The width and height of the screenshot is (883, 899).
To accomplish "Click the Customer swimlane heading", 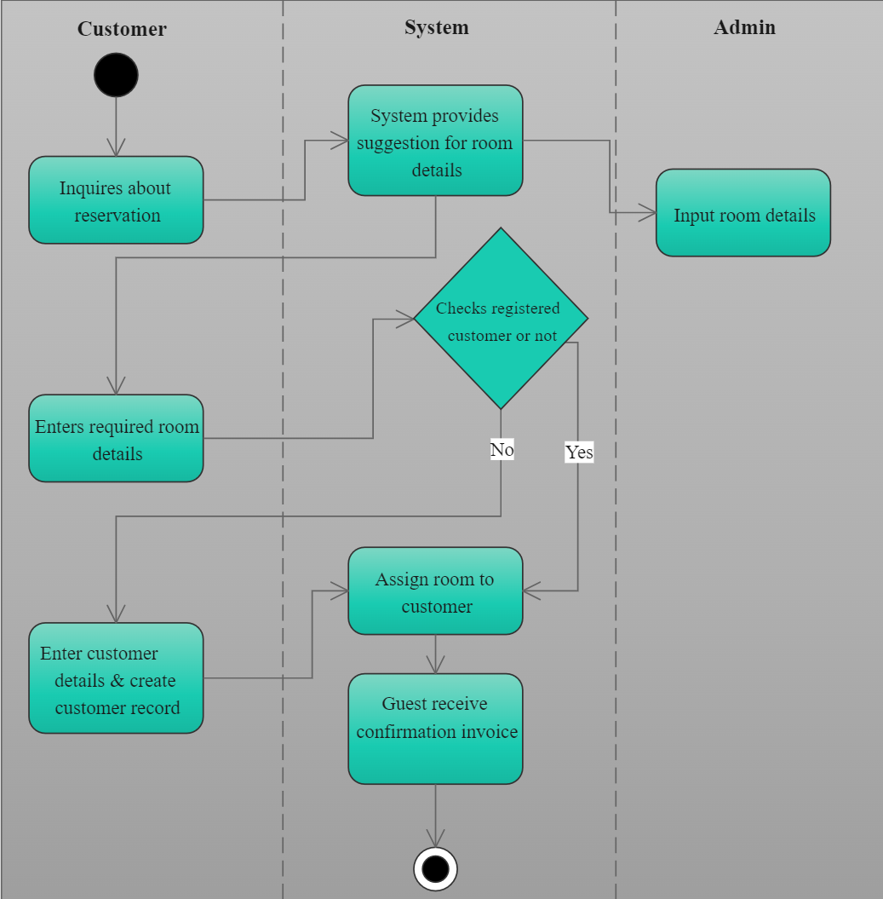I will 122,29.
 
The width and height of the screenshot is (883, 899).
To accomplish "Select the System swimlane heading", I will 436,27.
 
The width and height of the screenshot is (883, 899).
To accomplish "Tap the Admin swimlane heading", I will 744,27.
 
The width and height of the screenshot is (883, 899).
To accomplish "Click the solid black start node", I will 116,75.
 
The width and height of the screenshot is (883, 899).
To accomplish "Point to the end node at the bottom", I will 435,869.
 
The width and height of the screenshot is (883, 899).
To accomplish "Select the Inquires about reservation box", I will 116,200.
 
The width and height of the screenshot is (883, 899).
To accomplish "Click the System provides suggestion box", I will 435,141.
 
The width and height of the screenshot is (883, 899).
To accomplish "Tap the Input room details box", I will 743,213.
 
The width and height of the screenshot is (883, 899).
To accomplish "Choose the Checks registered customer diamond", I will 501,319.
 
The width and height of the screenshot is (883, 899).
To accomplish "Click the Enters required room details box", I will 116,438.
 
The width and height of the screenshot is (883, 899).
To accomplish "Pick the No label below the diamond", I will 502,449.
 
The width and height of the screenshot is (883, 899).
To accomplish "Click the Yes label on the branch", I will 579,452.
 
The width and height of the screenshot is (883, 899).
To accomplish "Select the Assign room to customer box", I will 435,591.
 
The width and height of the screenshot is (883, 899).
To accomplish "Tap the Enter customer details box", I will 116,678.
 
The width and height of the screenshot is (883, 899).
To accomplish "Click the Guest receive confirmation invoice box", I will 435,729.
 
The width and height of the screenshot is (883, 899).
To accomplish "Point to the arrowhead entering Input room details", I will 647,212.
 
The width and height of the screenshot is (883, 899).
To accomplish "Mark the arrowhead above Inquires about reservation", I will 116,147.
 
